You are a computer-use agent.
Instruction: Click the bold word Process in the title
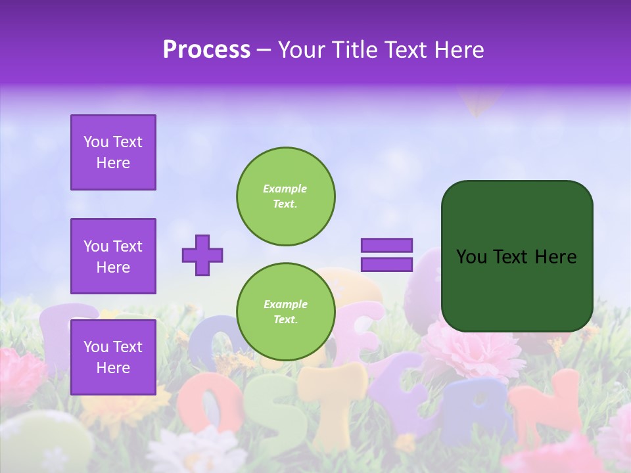206,50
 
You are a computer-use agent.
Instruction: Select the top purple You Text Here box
113,152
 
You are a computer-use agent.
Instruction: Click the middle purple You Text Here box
113,256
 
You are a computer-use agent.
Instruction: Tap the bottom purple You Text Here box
113,357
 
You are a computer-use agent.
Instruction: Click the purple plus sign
202,255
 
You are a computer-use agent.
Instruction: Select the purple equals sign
386,255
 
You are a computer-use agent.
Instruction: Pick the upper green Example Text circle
285,196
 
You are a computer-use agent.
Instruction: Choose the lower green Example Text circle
285,311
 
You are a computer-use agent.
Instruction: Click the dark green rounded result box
517,256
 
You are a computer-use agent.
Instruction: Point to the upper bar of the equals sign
386,246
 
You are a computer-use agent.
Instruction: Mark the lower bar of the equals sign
386,264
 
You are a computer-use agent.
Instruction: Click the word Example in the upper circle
285,189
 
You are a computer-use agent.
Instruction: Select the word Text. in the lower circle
285,319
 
